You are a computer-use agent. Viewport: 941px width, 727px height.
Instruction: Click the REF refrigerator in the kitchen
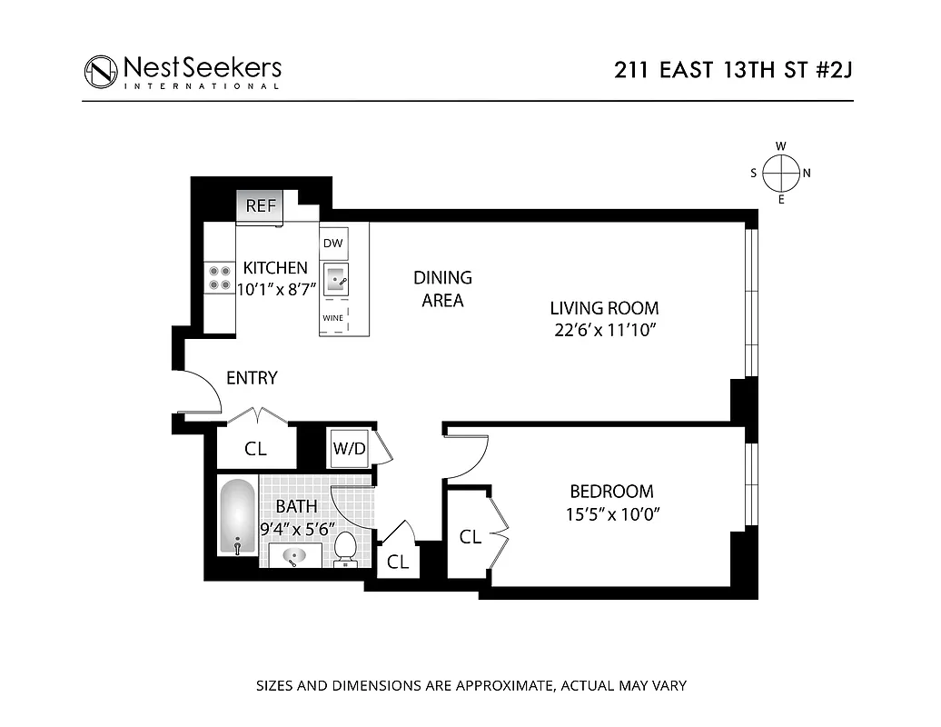pyautogui.click(x=260, y=205)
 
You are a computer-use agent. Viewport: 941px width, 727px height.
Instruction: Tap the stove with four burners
pyautogui.click(x=219, y=277)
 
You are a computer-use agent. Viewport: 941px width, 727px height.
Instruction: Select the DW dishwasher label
pyautogui.click(x=332, y=243)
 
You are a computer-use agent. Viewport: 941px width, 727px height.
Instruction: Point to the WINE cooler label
pyautogui.click(x=332, y=319)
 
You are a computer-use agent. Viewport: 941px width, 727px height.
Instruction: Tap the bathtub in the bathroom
pyautogui.click(x=236, y=516)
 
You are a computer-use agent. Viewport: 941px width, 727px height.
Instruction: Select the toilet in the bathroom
pyautogui.click(x=344, y=550)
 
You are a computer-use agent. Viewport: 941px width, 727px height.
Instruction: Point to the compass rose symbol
pyautogui.click(x=780, y=172)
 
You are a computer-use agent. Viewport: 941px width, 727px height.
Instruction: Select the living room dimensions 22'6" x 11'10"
pyautogui.click(x=604, y=330)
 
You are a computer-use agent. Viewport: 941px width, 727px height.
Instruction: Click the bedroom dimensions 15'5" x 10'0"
pyautogui.click(x=611, y=514)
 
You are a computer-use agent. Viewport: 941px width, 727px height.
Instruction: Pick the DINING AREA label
pyautogui.click(x=442, y=289)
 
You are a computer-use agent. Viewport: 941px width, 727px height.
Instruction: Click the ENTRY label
pyautogui.click(x=252, y=378)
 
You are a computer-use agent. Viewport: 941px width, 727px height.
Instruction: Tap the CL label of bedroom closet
pyautogui.click(x=470, y=537)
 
